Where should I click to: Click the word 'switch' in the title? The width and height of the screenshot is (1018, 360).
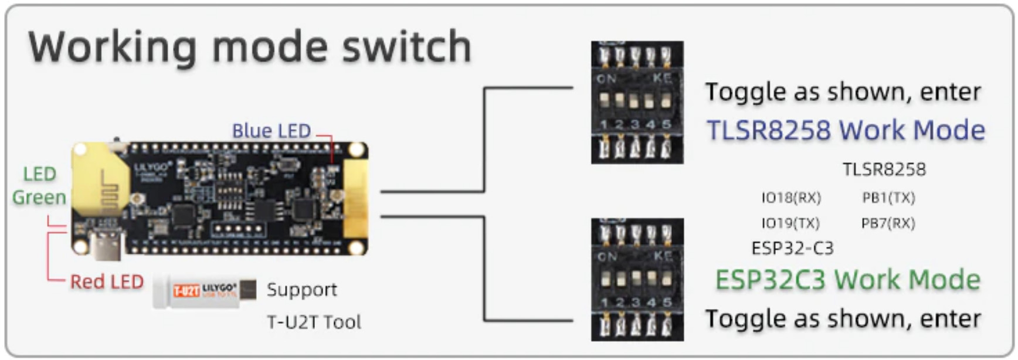tap(406, 47)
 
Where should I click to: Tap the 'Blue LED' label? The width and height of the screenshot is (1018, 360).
tap(271, 131)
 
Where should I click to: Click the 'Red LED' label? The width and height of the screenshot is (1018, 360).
tap(107, 282)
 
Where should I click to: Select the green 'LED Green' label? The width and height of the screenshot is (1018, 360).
tap(39, 186)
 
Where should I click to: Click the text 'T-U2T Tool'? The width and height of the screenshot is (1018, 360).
tap(314, 322)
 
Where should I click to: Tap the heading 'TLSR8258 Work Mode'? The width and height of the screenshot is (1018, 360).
tap(846, 130)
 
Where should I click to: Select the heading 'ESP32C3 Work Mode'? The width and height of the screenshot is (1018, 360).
tap(847, 280)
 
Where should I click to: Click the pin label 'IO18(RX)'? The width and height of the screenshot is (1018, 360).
tap(791, 198)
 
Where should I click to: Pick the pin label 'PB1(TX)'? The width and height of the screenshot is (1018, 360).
tap(888, 198)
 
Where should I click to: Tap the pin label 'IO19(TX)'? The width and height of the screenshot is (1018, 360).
tap(790, 223)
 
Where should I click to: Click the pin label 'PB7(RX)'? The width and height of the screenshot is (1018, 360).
tap(888, 223)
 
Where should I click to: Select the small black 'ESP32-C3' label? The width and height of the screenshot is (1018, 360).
tap(792, 248)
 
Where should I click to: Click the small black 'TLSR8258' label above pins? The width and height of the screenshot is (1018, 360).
tap(884, 170)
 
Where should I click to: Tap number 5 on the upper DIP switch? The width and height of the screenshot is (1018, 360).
tap(666, 124)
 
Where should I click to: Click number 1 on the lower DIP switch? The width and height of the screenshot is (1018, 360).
tap(604, 303)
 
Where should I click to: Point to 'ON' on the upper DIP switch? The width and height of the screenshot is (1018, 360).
tap(606, 78)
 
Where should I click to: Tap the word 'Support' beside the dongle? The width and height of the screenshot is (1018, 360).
tap(302, 290)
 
